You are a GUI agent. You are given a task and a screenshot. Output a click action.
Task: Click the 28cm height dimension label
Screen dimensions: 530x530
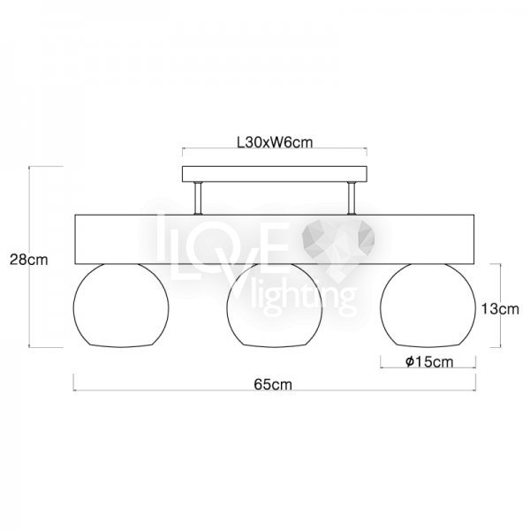[x=29, y=260]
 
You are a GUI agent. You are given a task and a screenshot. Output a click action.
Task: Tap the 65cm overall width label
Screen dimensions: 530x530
[x=273, y=384]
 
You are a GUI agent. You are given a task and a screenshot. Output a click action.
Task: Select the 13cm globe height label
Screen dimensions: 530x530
[x=500, y=309]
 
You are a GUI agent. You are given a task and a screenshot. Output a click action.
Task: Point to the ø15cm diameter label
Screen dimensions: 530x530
[x=429, y=361]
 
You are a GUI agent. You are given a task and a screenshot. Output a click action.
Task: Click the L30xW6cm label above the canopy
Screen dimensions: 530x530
[x=275, y=142]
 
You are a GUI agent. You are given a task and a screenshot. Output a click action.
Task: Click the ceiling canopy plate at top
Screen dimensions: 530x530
[x=275, y=174]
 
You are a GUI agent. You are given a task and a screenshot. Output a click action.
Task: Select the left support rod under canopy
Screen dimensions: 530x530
[x=198, y=199]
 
